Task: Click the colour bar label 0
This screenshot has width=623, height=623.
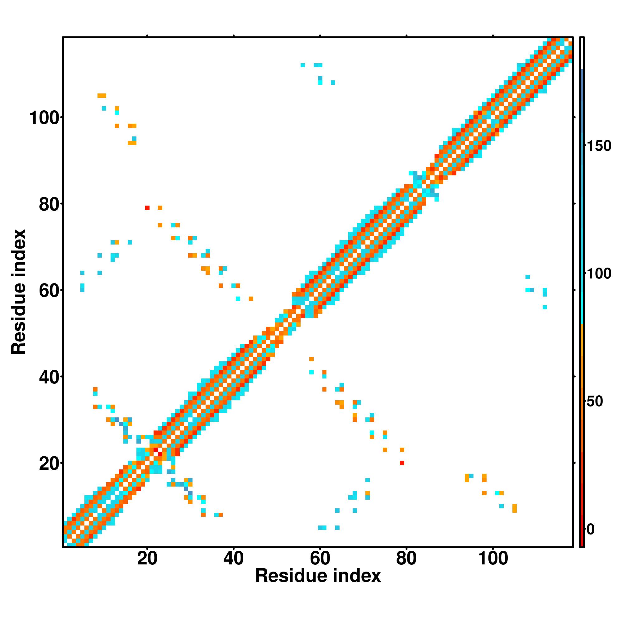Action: point(591,529)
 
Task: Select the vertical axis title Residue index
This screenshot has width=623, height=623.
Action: point(18,292)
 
